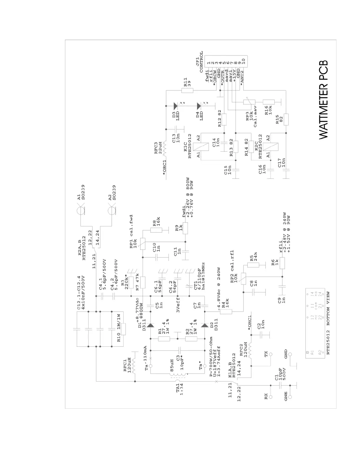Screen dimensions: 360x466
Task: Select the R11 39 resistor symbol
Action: (187, 90)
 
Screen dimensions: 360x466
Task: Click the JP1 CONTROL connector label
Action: (199, 62)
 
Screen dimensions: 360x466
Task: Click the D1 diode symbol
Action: (150, 326)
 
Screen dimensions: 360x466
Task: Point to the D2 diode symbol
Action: (205, 326)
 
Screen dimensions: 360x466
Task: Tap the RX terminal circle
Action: (271, 397)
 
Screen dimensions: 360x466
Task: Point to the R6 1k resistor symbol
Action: (282, 263)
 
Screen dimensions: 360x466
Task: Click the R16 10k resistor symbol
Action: (269, 102)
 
